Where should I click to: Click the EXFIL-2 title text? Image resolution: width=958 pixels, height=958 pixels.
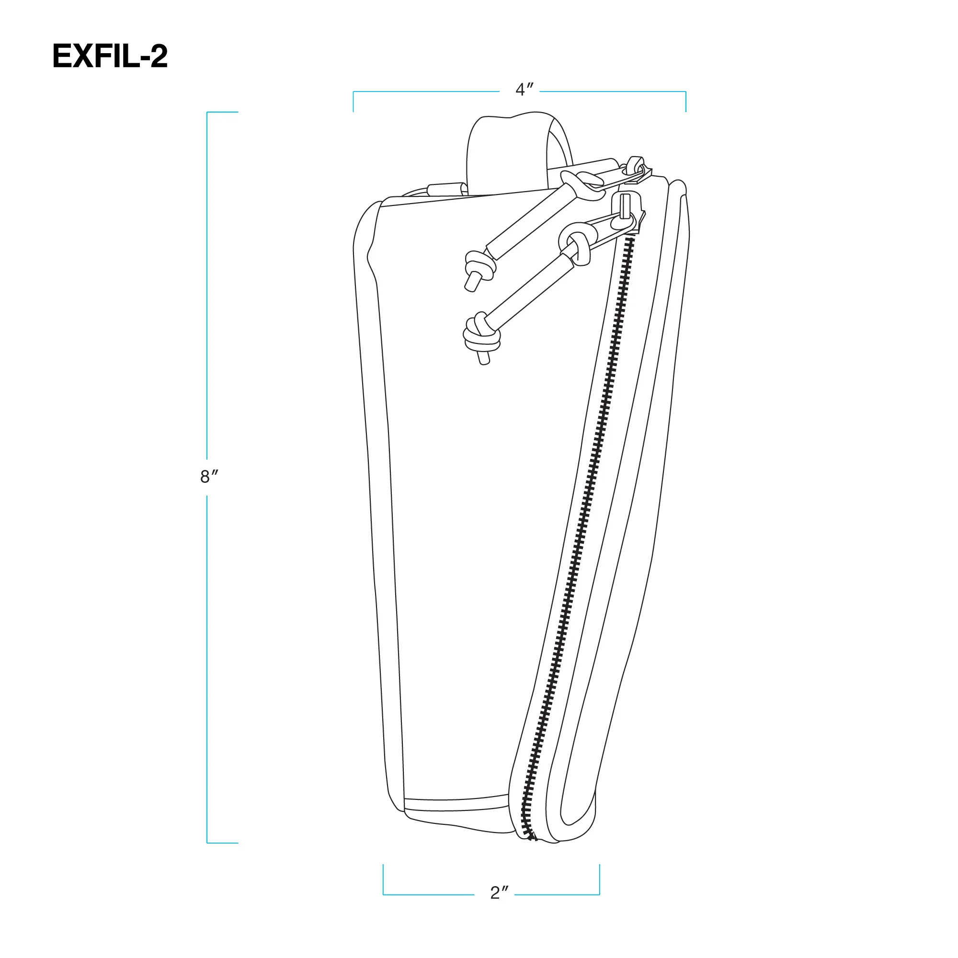point(110,56)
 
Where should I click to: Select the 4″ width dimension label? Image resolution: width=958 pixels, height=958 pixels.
point(524,90)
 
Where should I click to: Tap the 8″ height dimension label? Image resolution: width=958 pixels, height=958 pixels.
point(209,477)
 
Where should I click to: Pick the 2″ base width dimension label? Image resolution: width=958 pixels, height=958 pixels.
point(499,892)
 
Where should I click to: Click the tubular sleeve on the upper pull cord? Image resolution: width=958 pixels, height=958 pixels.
point(531,222)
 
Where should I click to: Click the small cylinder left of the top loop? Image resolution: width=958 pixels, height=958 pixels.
point(447,189)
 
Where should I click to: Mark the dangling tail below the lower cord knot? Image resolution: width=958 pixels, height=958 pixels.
point(483,357)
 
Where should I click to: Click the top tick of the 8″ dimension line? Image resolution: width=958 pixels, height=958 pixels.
point(223,112)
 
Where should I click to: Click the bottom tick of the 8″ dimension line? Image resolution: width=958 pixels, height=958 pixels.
point(223,843)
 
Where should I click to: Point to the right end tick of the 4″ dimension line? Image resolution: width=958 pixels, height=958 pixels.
point(686,101)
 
